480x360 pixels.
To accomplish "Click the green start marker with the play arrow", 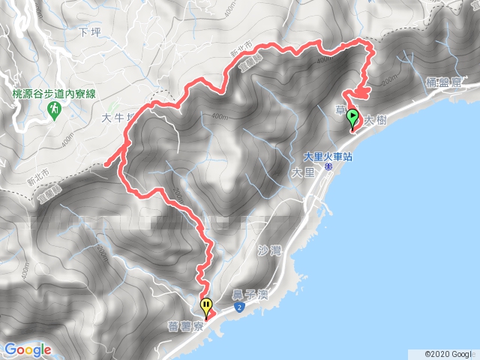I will [352, 118].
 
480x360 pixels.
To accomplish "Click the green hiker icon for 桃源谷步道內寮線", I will [54, 110].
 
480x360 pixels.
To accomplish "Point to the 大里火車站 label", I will [328, 157].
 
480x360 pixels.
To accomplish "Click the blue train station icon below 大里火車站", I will [328, 169].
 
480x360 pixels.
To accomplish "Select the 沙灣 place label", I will [267, 250].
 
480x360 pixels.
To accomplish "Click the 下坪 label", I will [88, 32].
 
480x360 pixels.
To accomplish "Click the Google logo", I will [28, 349].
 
